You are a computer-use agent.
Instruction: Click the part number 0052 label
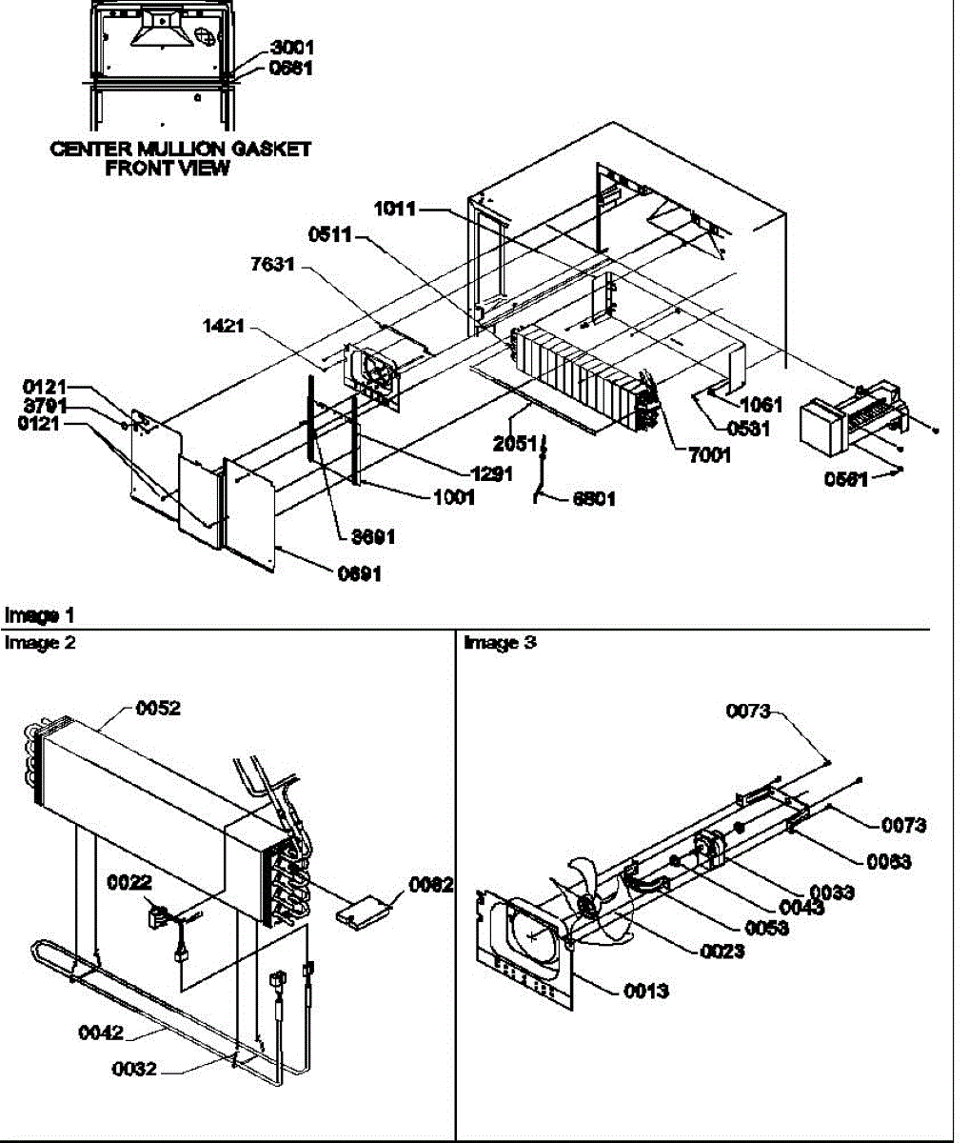[x=158, y=708]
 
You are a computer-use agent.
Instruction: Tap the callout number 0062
[x=430, y=885]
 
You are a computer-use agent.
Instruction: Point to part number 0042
[x=101, y=1033]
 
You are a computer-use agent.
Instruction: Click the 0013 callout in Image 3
[x=646, y=991]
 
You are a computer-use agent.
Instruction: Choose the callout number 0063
[x=888, y=861]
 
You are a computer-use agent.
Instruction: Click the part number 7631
[x=272, y=266]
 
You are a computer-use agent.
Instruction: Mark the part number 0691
[x=359, y=573]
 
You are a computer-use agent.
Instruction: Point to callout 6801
[x=594, y=498]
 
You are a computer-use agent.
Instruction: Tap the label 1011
[x=394, y=209]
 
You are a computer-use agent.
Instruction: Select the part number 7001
[x=708, y=455]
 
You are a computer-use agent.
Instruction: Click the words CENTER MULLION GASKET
[x=180, y=149]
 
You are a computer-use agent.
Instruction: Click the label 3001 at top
[x=291, y=47]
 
